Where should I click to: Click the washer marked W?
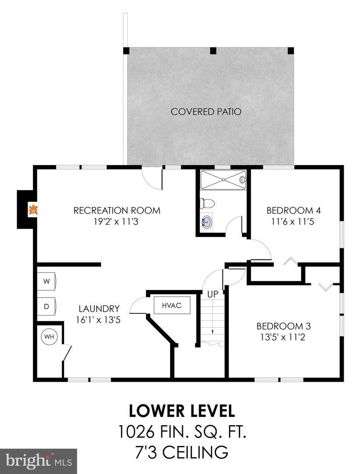(47, 281)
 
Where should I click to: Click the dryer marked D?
(47, 306)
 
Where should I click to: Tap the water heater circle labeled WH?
(49, 337)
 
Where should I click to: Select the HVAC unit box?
(172, 305)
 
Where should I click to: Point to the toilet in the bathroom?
(207, 203)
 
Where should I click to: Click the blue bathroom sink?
(207, 222)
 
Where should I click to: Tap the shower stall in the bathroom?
(223, 180)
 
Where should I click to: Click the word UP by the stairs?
(213, 294)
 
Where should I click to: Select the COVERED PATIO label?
(206, 111)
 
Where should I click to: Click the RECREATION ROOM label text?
(117, 210)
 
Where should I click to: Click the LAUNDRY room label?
(99, 309)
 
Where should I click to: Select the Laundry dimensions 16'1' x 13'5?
(99, 320)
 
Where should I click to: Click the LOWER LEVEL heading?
(182, 411)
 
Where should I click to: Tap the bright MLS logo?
(38, 461)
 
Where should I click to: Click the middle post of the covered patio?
(214, 50)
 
